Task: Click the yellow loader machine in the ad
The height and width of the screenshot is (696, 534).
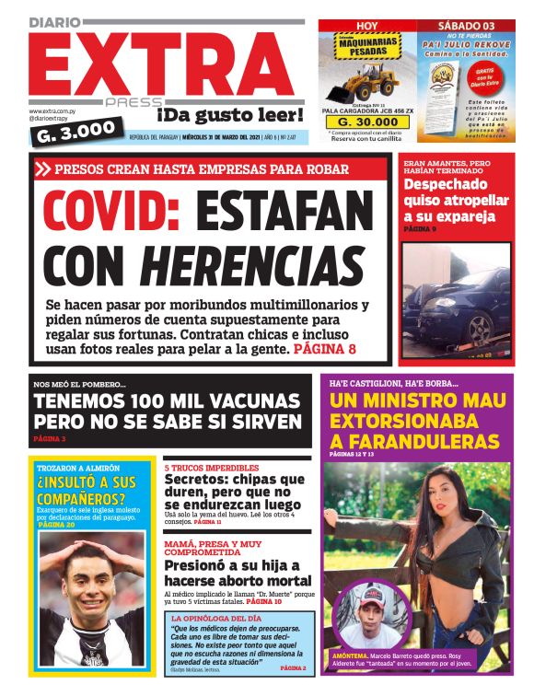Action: point(365,80)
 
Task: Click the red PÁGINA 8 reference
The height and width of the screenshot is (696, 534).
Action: point(324,350)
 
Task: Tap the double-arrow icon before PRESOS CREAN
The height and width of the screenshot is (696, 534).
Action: point(42,169)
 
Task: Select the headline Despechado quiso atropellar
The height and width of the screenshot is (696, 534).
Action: point(455,200)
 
